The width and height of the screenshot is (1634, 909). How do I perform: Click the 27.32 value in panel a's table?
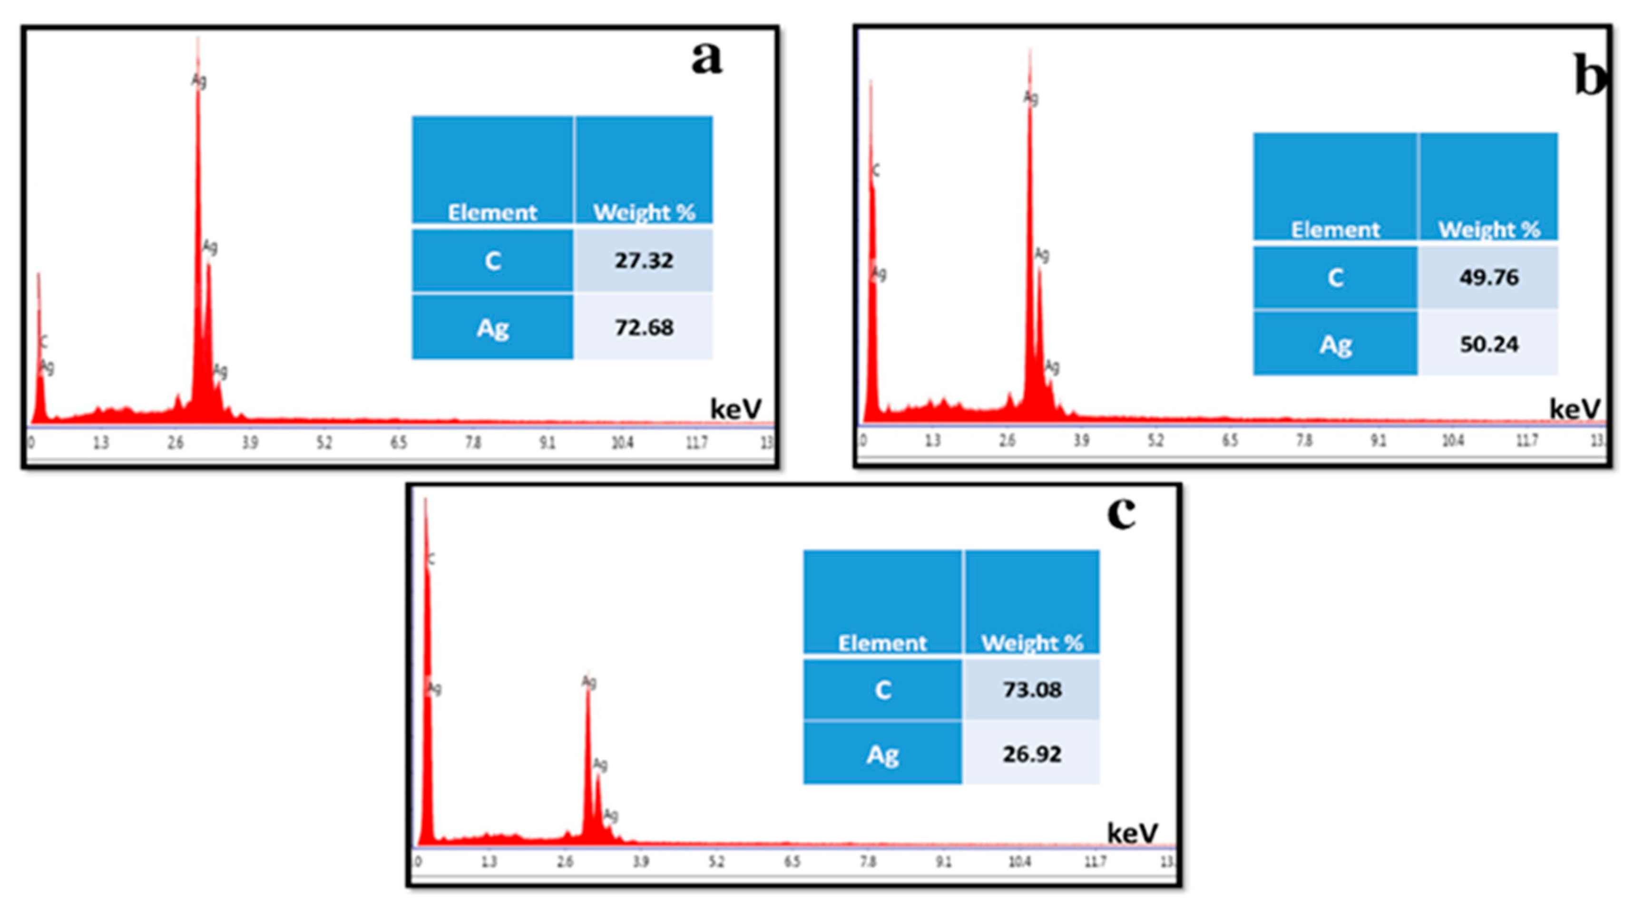click(643, 261)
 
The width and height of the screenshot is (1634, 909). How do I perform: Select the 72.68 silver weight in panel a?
click(643, 328)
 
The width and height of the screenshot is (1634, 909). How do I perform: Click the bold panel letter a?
click(706, 58)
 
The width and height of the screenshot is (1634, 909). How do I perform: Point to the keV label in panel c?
click(1132, 833)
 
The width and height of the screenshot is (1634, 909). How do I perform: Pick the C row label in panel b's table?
click(1335, 278)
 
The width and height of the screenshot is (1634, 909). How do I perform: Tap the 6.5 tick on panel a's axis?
click(398, 443)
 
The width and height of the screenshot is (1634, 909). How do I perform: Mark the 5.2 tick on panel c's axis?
click(716, 861)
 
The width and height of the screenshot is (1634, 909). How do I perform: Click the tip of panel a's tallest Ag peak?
click(198, 39)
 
